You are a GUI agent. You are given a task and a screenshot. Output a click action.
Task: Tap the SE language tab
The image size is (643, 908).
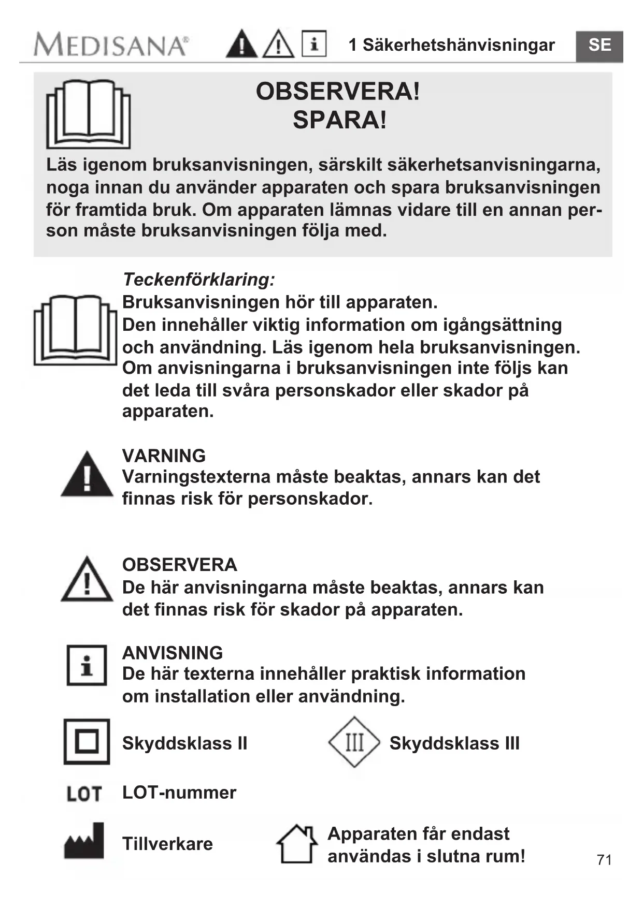[599, 46]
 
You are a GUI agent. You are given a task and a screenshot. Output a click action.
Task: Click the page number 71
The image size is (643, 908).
[604, 860]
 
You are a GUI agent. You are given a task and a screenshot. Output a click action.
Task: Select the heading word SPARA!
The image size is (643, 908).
[339, 120]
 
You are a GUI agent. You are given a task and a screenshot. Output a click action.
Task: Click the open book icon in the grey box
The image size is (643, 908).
[88, 114]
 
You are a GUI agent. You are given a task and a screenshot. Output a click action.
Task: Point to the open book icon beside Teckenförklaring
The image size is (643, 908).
[76, 330]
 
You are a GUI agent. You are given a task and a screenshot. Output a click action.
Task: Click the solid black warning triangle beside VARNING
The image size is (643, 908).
[87, 475]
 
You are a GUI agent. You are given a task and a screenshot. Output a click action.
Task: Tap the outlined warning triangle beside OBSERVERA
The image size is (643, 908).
[87, 580]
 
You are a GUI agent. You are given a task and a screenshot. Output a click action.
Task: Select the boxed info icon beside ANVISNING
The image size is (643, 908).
[87, 665]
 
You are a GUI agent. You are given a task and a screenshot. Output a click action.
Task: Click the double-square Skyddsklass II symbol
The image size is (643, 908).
[87, 742]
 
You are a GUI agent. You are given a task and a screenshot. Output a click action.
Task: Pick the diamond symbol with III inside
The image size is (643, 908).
[354, 742]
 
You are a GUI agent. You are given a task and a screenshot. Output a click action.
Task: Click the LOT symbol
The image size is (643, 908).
[84, 793]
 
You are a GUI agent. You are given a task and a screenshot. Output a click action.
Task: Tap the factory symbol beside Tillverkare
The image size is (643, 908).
[84, 841]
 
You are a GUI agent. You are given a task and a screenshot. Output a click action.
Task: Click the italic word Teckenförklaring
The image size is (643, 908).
[198, 280]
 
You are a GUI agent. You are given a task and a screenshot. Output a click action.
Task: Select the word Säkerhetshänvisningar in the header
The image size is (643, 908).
[459, 45]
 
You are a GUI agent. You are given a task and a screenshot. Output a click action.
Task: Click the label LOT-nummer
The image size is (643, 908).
[179, 793]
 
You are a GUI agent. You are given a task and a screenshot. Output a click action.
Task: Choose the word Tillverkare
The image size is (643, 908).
[167, 844]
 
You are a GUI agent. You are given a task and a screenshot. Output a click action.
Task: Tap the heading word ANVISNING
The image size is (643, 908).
[173, 653]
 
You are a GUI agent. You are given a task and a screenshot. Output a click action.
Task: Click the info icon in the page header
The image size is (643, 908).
[314, 44]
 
